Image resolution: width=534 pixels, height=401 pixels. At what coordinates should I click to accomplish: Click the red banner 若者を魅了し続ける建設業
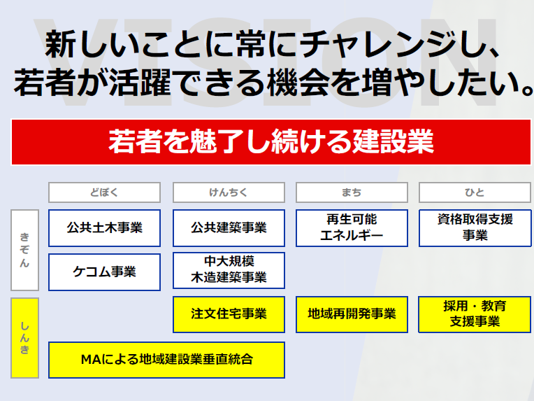click(270, 142)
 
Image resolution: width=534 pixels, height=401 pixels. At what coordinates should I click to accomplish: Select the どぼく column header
click(104, 192)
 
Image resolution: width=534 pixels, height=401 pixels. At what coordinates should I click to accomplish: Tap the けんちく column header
click(229, 192)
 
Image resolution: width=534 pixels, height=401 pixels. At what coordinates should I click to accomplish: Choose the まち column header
click(352, 192)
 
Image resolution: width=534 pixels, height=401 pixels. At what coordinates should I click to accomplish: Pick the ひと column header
click(475, 192)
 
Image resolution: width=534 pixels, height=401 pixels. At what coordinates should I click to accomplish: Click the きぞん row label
click(24, 250)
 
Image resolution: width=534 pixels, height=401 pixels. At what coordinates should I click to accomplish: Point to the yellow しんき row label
click(24, 338)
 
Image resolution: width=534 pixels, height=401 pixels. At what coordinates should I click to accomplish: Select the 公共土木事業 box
click(104, 228)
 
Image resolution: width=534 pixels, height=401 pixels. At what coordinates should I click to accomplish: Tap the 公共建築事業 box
click(229, 228)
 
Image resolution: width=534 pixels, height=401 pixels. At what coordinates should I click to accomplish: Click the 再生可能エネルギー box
click(352, 228)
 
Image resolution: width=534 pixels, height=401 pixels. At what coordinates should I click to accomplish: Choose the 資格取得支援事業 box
click(475, 228)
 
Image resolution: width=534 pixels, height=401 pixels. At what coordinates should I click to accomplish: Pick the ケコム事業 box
click(104, 272)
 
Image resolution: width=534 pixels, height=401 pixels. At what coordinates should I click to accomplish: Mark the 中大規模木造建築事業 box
click(229, 270)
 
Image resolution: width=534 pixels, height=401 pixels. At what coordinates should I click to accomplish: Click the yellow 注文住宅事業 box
click(229, 314)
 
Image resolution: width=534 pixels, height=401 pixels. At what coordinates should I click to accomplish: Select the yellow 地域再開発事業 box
click(352, 314)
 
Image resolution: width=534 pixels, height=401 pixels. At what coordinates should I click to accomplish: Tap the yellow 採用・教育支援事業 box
click(475, 314)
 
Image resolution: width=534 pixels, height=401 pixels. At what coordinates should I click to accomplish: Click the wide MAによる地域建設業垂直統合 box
click(166, 360)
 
